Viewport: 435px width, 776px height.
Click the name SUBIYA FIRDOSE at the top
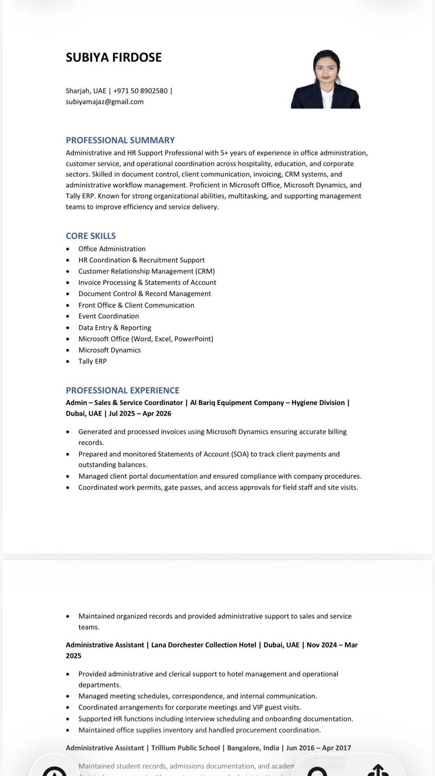pyautogui.click(x=113, y=57)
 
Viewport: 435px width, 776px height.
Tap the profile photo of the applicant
pyautogui.click(x=326, y=79)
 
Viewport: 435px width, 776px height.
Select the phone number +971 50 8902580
pyautogui.click(x=141, y=91)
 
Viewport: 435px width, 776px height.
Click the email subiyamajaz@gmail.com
pyautogui.click(x=105, y=102)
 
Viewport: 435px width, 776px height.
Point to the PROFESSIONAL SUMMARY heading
pyautogui.click(x=120, y=140)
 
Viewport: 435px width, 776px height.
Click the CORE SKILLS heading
pyautogui.click(x=90, y=236)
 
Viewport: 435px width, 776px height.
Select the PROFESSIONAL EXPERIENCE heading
pyautogui.click(x=122, y=390)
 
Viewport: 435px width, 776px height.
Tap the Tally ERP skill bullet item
pyautogui.click(x=92, y=361)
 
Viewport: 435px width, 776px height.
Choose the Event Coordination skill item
pyautogui.click(x=108, y=316)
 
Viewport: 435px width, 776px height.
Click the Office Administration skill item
pyautogui.click(x=112, y=249)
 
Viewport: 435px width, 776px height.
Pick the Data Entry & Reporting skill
pyautogui.click(x=115, y=328)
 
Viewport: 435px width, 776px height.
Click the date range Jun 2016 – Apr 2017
pyautogui.click(x=319, y=748)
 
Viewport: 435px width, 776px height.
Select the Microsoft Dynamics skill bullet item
pyautogui.click(x=109, y=350)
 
